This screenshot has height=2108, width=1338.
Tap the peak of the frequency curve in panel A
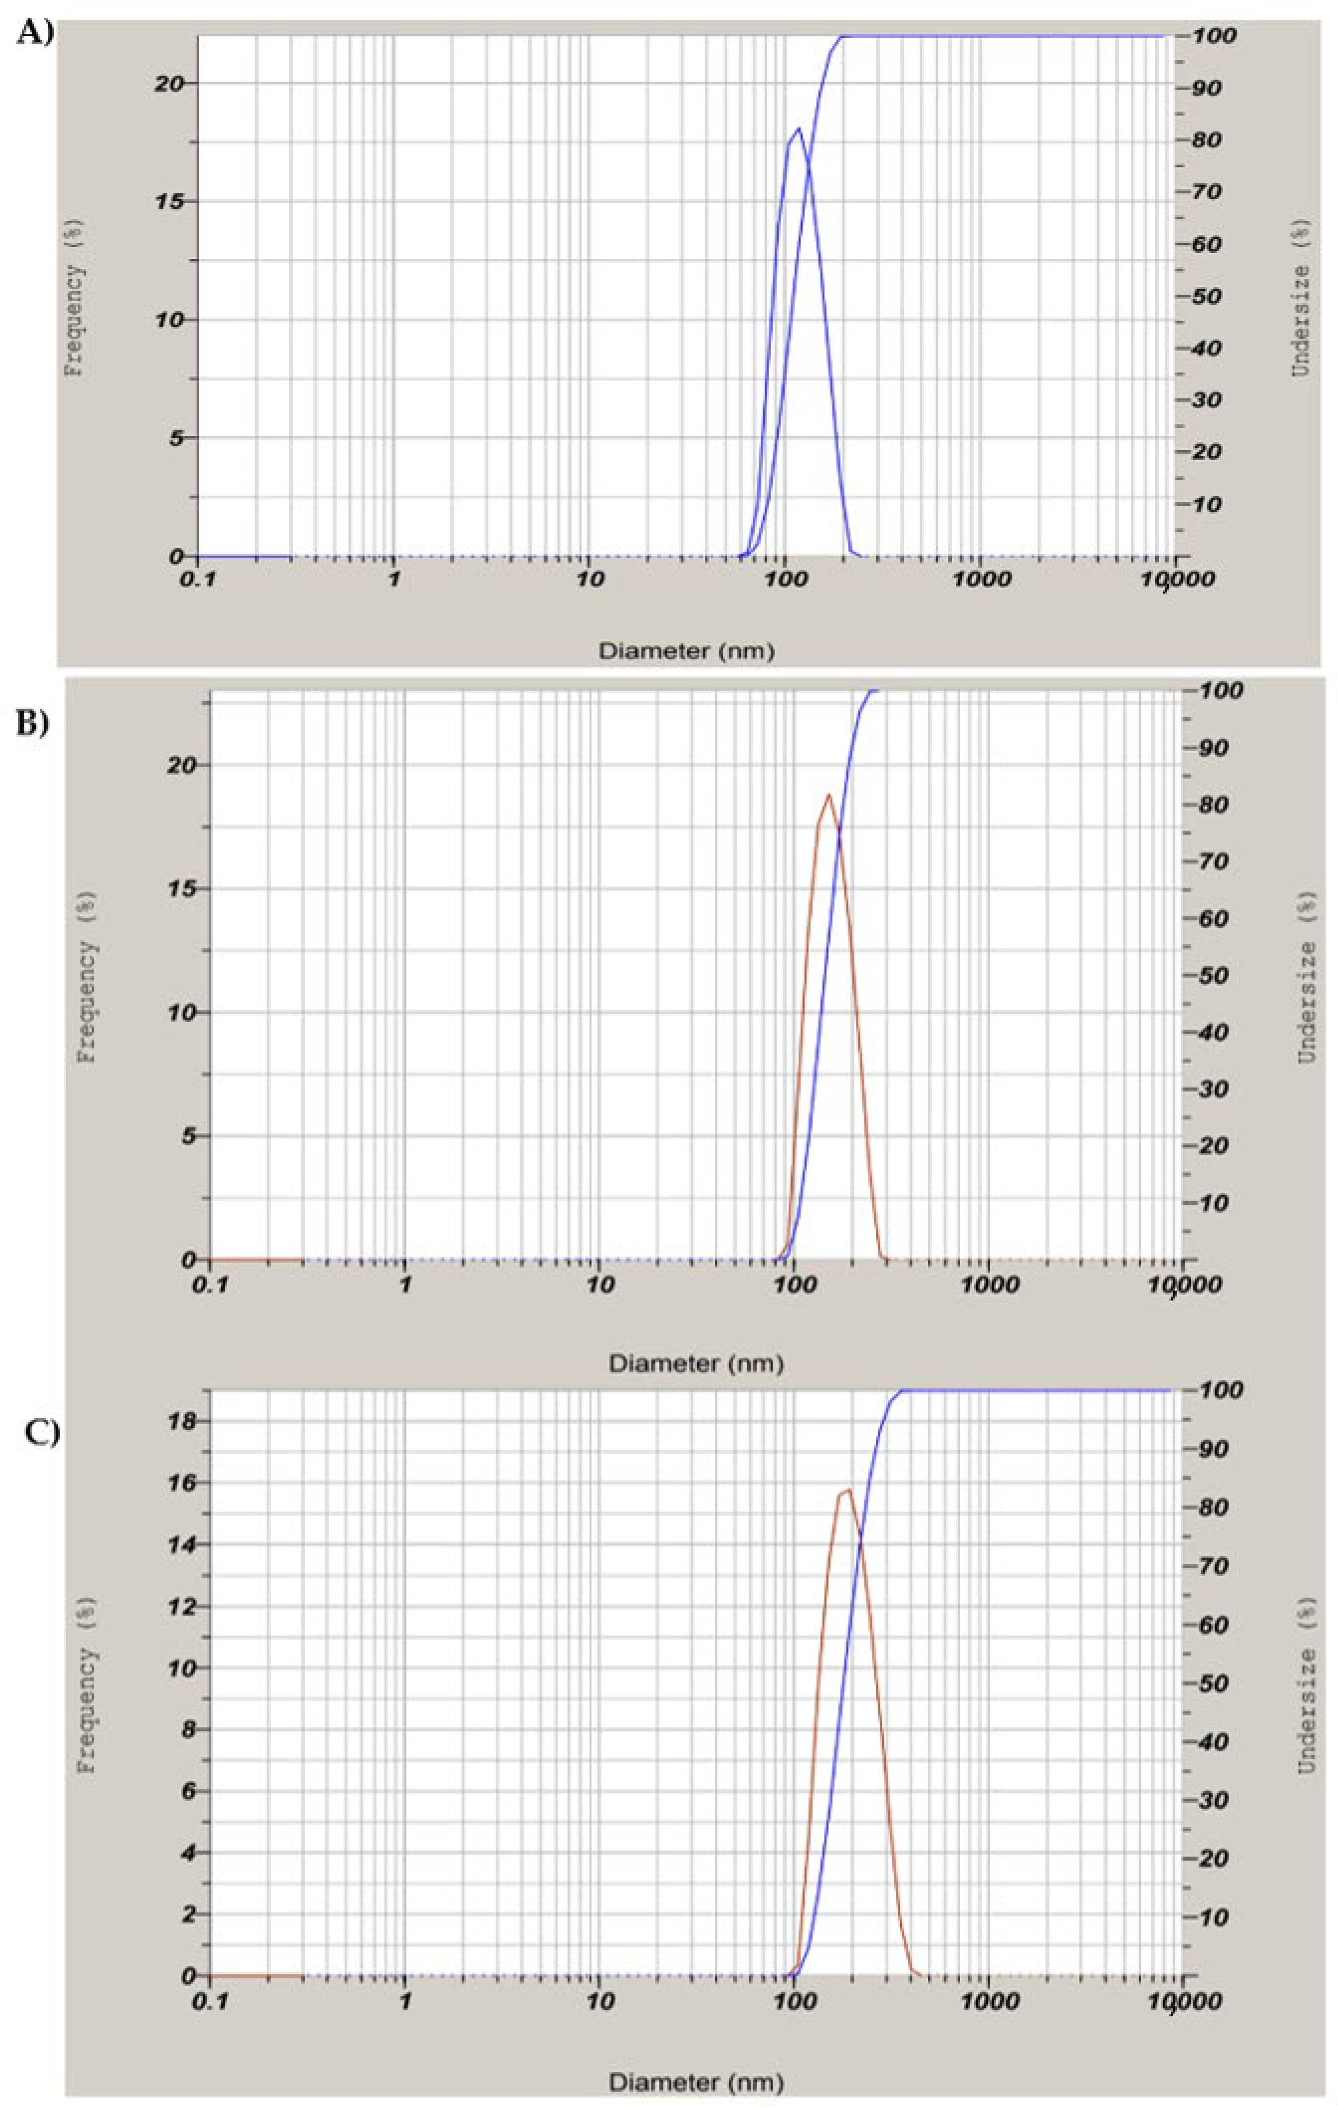(x=798, y=128)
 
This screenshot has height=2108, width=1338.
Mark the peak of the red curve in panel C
(x=848, y=1490)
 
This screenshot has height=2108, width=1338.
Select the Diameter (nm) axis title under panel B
(x=695, y=1363)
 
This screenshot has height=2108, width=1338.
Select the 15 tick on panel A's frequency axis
(x=168, y=201)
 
